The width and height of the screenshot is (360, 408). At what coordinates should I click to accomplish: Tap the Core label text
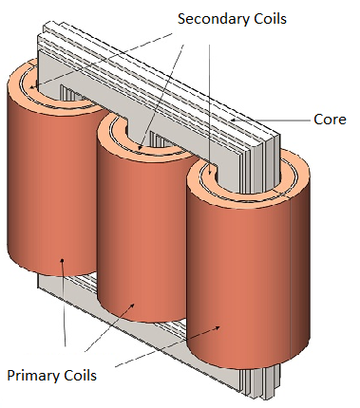pos(330,121)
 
